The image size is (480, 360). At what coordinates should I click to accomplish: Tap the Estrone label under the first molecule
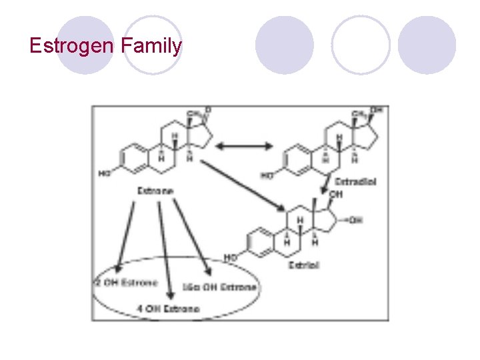point(155,191)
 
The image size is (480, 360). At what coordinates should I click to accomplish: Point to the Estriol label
point(303,265)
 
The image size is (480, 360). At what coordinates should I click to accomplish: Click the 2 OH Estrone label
point(126,282)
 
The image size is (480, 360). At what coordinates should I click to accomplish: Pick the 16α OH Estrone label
point(219,287)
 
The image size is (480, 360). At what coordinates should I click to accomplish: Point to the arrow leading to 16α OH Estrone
point(193,237)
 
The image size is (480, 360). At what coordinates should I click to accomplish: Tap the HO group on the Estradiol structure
point(267,176)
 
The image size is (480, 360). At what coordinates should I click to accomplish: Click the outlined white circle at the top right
point(361,45)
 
